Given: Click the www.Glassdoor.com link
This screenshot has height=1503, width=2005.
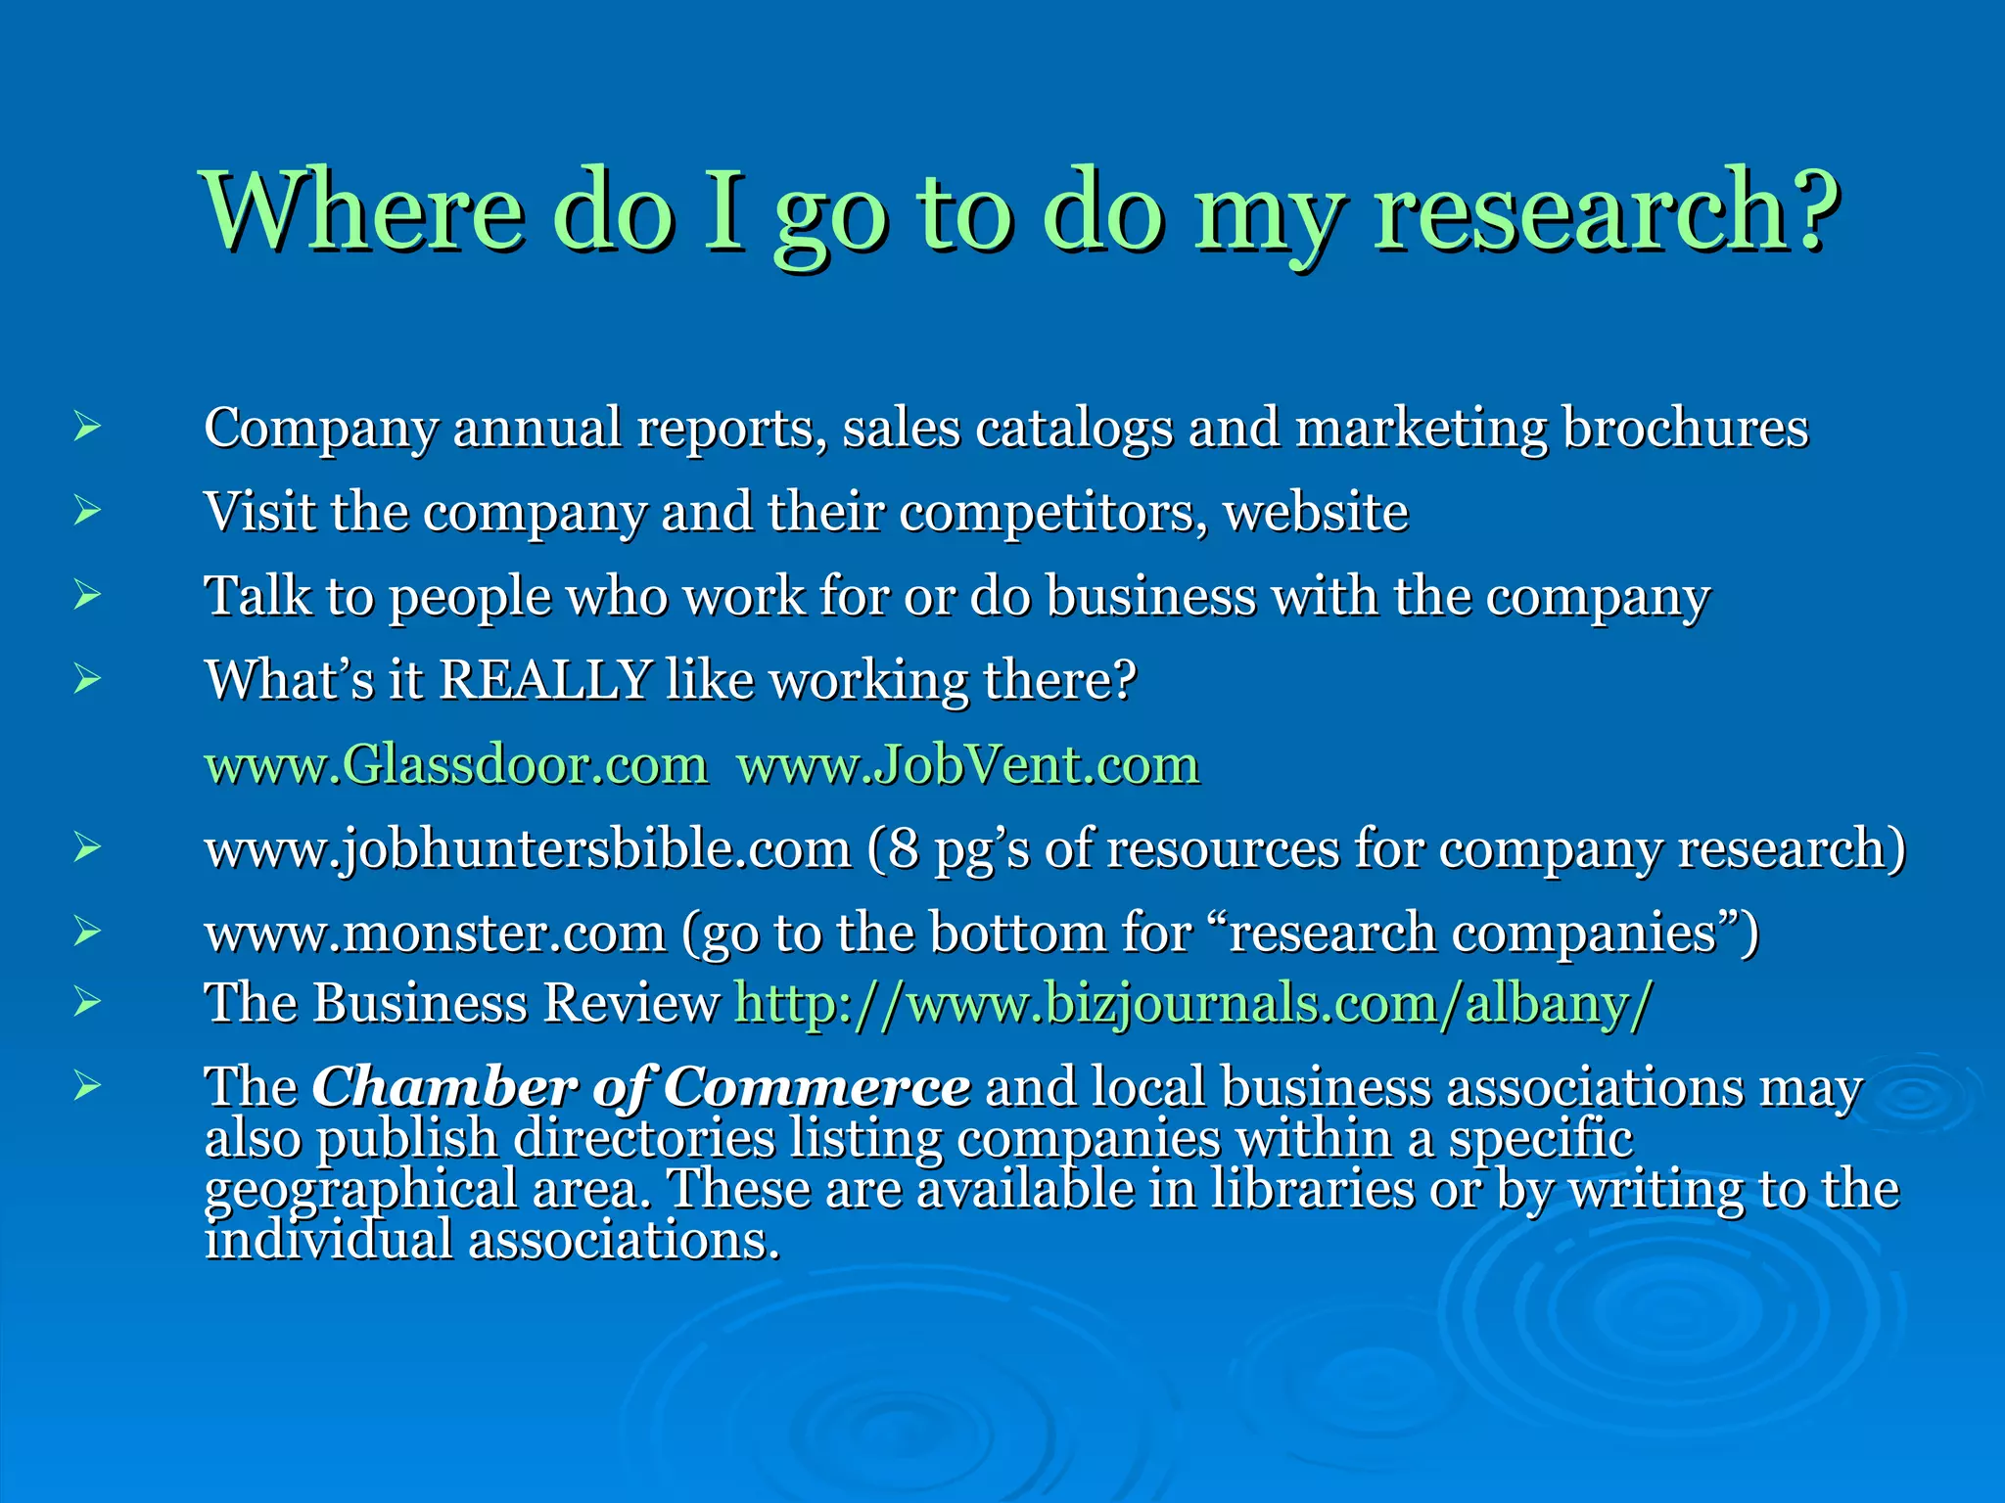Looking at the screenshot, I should coord(455,765).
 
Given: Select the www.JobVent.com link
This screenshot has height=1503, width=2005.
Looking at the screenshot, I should coord(967,765).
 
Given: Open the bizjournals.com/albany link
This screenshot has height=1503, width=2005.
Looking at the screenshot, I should coord(1192,1004).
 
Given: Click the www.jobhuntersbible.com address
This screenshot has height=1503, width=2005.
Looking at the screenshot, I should coord(528,849).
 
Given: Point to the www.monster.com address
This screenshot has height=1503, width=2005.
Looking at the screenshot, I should coord(436,934).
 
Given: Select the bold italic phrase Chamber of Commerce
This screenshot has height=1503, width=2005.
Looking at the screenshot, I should coord(641,1088).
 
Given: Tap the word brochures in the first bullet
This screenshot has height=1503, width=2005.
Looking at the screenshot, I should coord(1685,429).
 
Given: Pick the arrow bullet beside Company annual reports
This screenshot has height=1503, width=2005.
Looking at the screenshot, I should coord(87,427).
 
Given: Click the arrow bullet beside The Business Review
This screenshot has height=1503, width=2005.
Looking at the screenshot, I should coord(87,1001).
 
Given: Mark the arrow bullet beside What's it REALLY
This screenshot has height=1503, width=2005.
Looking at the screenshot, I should coord(87,678).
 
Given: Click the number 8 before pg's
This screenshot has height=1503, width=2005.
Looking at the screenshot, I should coord(904,849).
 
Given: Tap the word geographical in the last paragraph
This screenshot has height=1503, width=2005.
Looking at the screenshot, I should coord(360,1191).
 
